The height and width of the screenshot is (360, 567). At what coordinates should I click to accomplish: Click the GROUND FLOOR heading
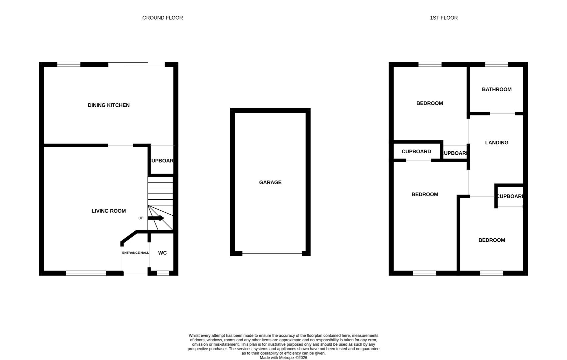[163, 18]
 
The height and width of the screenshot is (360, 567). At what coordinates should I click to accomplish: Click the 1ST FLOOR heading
[444, 18]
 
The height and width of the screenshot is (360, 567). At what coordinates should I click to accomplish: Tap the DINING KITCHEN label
[109, 105]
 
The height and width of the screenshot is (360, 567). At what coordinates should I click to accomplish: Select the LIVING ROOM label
[109, 211]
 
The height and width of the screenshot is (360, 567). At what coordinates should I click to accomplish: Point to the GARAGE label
[270, 182]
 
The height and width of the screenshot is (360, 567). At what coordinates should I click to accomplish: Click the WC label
[162, 253]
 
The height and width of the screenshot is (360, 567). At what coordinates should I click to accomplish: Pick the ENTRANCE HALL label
[136, 253]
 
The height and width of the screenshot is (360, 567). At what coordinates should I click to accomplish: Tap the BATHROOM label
[496, 89]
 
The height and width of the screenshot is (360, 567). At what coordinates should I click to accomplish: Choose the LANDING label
[496, 143]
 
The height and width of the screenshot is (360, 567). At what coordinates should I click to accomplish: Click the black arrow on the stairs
[156, 218]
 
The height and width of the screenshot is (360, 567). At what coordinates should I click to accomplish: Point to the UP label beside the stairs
[141, 218]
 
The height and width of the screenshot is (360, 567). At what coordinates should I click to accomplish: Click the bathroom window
[496, 64]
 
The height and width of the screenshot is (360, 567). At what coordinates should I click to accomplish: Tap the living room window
[86, 273]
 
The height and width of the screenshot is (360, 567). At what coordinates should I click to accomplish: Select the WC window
[163, 273]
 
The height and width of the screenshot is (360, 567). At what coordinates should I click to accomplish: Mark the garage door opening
[272, 254]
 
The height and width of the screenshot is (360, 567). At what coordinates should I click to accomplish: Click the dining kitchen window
[69, 64]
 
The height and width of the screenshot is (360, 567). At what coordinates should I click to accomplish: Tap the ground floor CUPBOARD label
[162, 161]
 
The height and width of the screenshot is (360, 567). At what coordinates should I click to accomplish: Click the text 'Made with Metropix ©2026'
[283, 358]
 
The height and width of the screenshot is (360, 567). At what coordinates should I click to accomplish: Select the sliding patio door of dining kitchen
[137, 64]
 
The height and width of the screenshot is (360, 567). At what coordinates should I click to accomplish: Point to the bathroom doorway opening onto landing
[502, 114]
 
